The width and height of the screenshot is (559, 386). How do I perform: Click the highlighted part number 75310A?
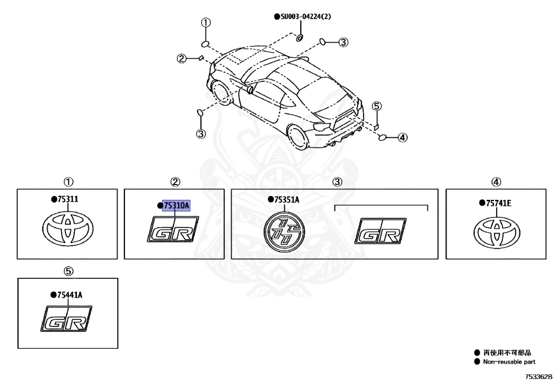(176, 206)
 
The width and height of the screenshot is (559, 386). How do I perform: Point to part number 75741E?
(498, 203)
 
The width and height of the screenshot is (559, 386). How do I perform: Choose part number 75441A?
(68, 295)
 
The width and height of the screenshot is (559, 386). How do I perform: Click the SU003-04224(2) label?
(305, 16)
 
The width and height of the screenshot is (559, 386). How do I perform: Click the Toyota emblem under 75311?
(68, 227)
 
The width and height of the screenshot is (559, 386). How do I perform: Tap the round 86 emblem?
(283, 232)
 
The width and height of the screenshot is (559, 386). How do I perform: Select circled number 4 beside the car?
(402, 137)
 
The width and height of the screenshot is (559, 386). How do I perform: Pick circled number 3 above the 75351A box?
(337, 182)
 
